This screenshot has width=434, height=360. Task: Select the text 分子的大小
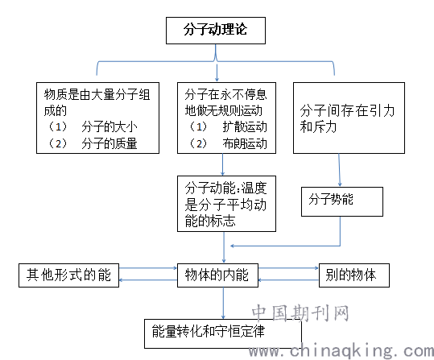tap(110, 126)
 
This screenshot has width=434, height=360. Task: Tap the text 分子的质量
tap(110, 143)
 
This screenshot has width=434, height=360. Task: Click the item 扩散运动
tap(245, 126)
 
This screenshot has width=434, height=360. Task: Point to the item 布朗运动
tap(245, 143)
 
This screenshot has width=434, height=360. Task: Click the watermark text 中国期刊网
tap(300, 313)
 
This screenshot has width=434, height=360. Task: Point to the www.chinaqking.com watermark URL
tap(341, 351)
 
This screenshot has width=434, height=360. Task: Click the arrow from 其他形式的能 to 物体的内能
tap(148, 268)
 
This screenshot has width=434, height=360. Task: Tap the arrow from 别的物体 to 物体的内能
tap(288, 280)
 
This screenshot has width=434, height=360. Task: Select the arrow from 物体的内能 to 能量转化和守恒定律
tap(223, 304)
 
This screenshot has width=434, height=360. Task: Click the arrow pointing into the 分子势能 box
tap(339, 170)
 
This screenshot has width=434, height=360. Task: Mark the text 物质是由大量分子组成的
tap(97, 102)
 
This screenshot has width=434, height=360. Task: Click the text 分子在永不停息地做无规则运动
tap(225, 102)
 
